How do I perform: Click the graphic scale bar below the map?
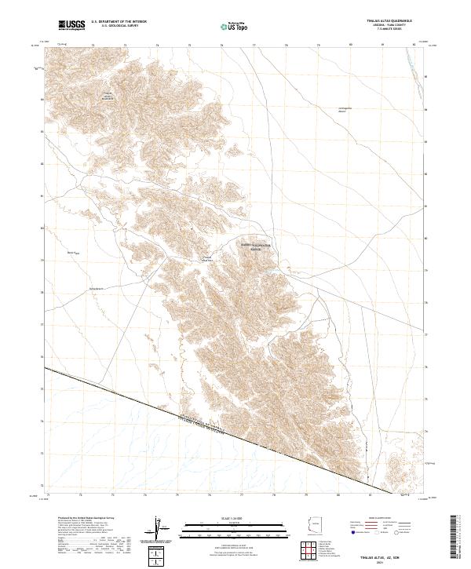coord(235,527)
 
